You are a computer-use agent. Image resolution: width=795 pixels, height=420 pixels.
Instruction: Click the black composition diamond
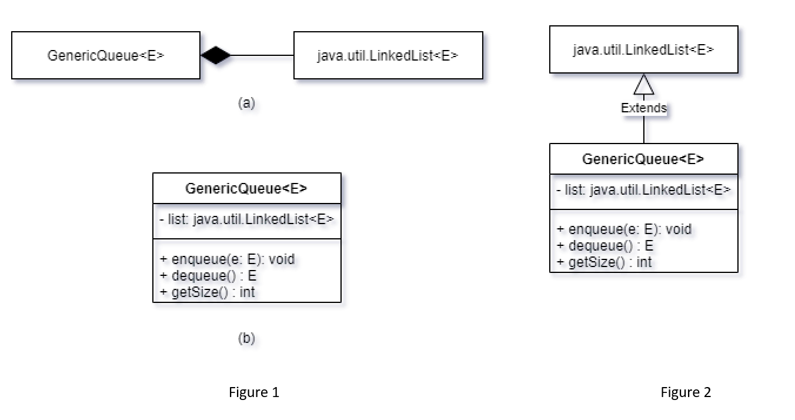coord(216,55)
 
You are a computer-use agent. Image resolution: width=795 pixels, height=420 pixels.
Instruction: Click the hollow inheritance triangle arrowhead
coord(644,86)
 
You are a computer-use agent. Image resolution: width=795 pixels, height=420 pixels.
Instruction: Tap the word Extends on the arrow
coord(644,108)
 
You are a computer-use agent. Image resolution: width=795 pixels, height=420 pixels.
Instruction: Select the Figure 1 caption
coord(254,392)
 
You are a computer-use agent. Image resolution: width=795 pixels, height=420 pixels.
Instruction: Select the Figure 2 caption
coord(686,392)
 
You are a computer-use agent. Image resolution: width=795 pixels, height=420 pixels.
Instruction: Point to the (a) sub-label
coord(246,104)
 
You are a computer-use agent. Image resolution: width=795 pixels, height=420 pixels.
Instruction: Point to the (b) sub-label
coord(246,339)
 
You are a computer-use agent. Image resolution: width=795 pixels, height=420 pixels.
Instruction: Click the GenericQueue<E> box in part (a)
coord(106,55)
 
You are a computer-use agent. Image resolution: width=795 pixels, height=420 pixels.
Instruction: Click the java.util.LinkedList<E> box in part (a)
coord(388,55)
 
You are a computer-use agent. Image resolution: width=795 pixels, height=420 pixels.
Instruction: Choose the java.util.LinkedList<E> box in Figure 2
coord(644,50)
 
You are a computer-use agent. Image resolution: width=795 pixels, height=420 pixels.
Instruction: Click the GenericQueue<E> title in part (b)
coord(246,189)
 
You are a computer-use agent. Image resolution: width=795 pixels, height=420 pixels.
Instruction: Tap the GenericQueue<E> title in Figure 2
coord(644,159)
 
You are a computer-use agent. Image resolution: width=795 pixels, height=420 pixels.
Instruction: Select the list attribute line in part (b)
coord(246,219)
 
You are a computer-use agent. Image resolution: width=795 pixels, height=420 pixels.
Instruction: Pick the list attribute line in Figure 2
coord(644,190)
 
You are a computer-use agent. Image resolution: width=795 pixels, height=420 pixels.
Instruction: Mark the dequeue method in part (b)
coord(208,275)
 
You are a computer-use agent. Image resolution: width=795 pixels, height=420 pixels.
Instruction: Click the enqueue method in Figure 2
coord(624,229)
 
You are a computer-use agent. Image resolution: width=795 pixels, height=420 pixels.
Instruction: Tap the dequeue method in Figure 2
coord(605,246)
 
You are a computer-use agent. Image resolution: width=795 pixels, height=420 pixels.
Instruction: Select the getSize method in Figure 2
coord(604,262)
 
